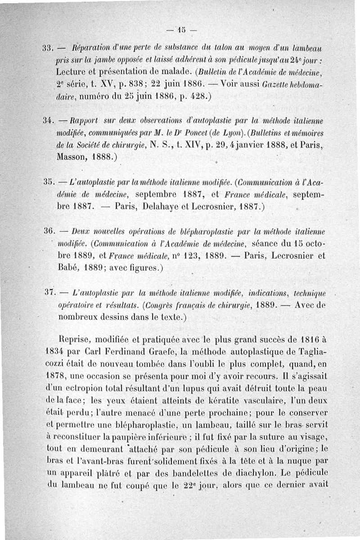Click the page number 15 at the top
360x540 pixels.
180,31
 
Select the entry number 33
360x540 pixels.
48,48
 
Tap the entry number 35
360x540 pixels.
48,183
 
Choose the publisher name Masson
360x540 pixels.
72,158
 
